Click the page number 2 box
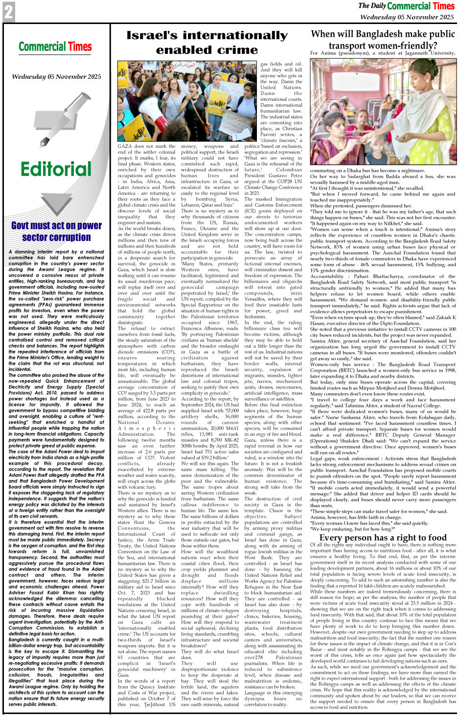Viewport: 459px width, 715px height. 9,12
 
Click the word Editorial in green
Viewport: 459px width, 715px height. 56,169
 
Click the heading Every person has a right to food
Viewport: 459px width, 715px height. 383,537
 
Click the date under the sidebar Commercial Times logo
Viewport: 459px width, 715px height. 56,77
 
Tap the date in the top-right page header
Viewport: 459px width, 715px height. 407,17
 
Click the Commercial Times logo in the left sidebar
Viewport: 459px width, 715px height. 55,47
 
